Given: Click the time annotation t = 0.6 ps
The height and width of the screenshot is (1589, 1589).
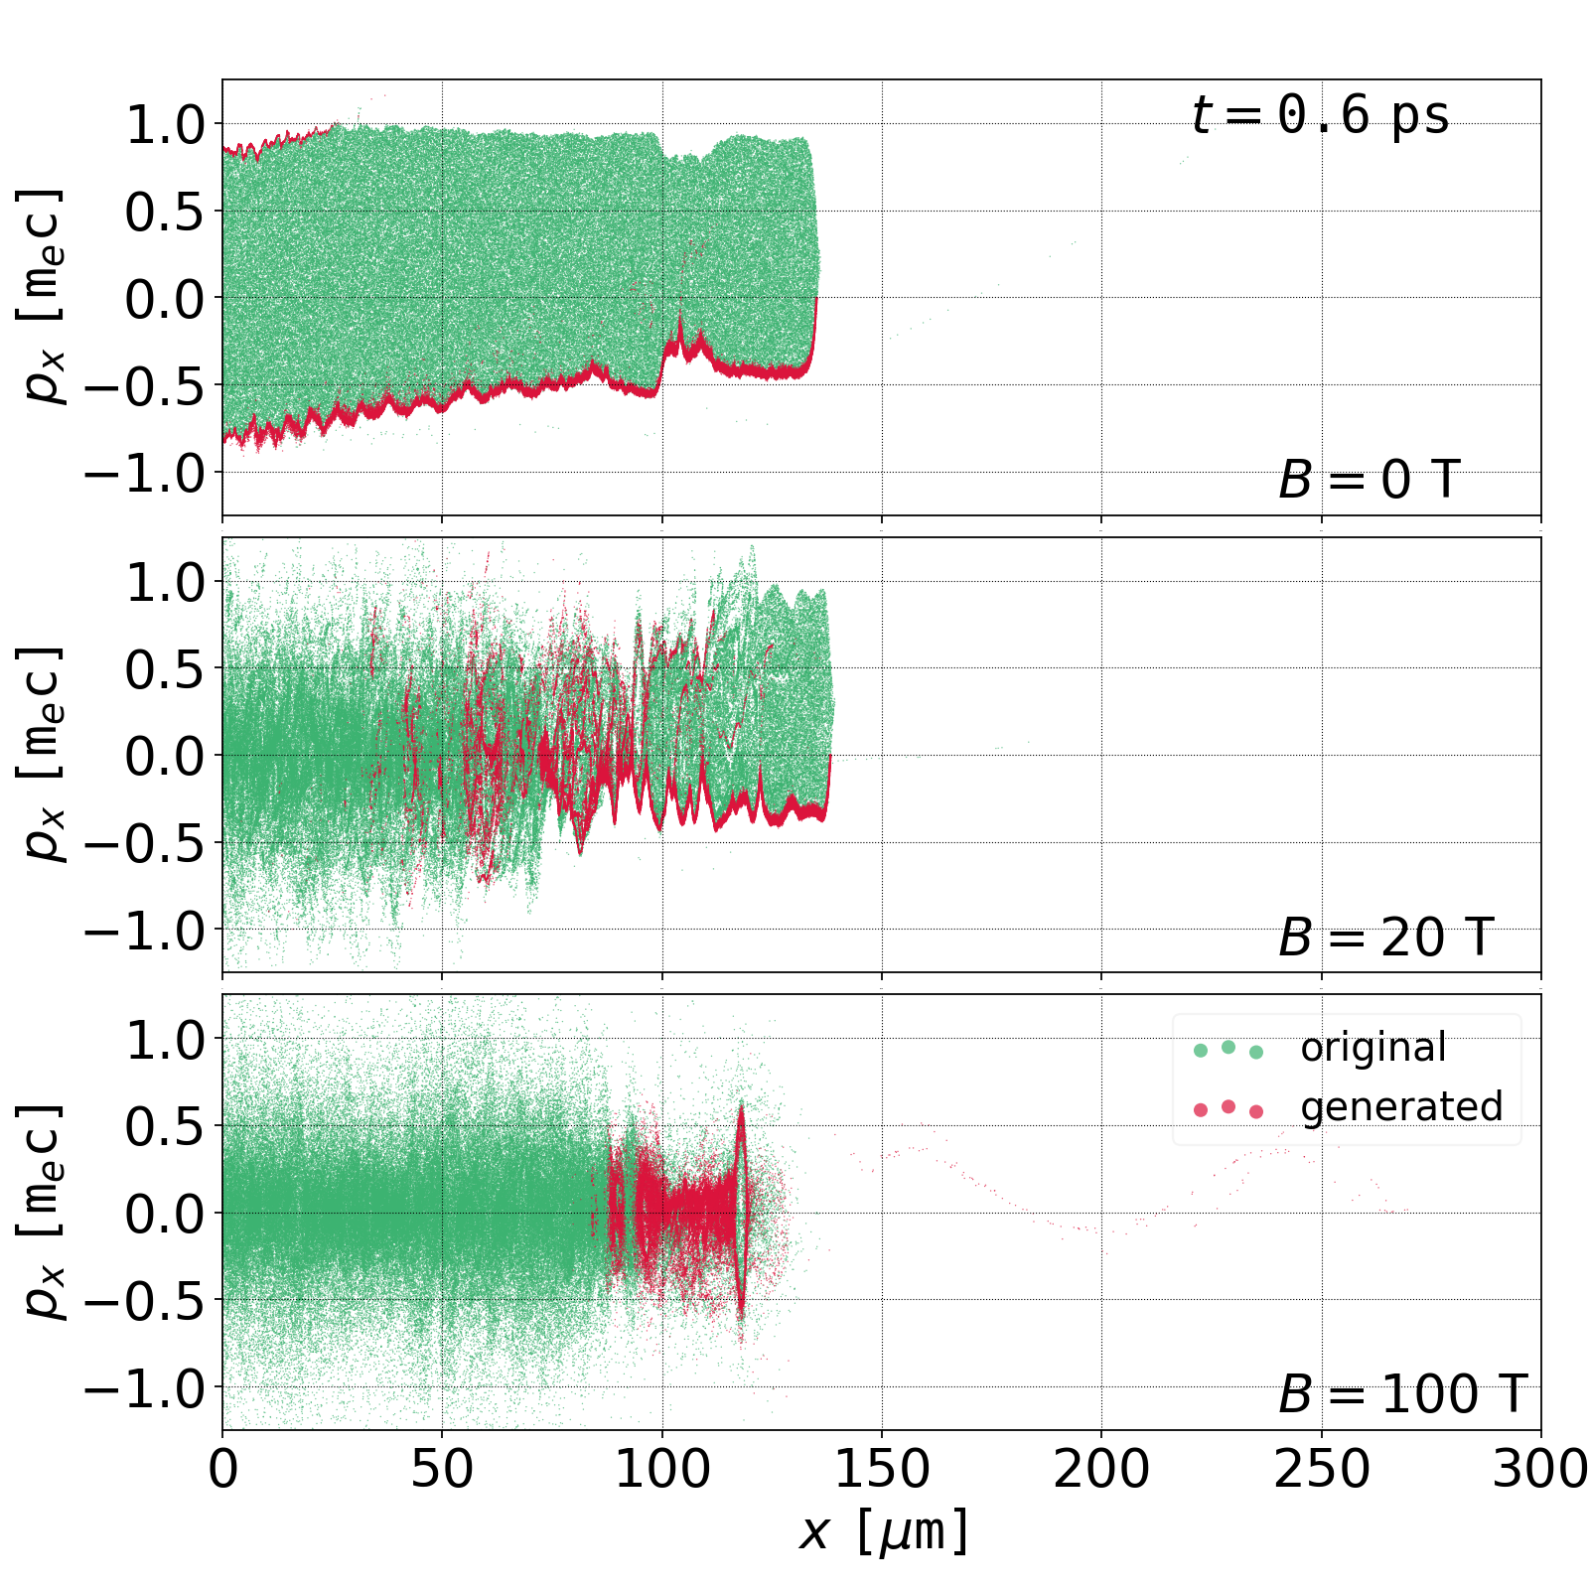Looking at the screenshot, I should (1320, 115).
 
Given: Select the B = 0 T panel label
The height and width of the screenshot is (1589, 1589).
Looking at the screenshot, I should (1369, 481).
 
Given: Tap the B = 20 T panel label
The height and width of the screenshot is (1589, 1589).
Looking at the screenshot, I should (1385, 938).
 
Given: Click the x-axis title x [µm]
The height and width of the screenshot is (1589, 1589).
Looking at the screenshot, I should (883, 1530).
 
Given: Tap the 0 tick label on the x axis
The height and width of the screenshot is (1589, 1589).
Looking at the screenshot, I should (223, 1469).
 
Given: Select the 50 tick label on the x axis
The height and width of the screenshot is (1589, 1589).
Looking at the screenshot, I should (442, 1469).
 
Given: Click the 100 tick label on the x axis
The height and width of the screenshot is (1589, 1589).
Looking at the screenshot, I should (662, 1469).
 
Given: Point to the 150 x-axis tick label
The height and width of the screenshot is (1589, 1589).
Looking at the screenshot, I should (882, 1469).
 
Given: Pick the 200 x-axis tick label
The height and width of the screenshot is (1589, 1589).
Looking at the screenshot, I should (1101, 1469).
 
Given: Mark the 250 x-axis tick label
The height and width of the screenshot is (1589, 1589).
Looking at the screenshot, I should (1322, 1469).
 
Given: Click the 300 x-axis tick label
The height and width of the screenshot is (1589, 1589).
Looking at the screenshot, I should (1540, 1469).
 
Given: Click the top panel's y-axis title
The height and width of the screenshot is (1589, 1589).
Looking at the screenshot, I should (42, 296).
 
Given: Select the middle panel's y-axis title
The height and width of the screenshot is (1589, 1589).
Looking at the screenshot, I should (42, 754).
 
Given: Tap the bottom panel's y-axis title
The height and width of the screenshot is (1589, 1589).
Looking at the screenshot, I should (42, 1211).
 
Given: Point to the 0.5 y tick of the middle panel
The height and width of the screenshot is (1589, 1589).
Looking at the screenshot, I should (163, 668).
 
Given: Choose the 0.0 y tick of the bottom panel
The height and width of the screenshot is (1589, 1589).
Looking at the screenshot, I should (163, 1213).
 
